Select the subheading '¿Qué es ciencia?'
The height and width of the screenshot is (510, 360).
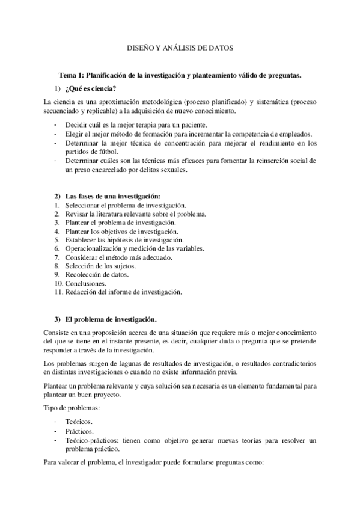tap(90, 88)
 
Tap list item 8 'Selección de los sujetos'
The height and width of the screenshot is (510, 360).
tap(100, 266)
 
